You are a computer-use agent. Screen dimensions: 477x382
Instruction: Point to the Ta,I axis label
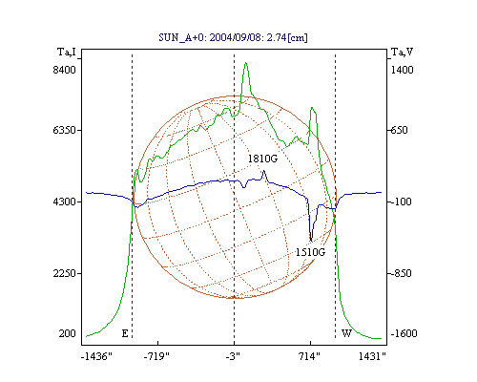pos(67,52)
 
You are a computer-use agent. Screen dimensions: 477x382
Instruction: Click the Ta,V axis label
pos(402,52)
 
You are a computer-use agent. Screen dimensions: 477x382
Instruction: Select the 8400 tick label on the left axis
pos(64,70)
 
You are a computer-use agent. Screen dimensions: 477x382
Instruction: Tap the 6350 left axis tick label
pos(64,130)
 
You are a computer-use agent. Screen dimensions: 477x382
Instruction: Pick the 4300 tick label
pos(64,202)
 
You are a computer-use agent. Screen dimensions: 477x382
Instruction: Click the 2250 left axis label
pos(64,273)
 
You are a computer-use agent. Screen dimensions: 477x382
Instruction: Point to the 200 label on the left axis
pos(67,333)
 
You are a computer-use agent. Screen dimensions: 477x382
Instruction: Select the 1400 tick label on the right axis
pos(402,70)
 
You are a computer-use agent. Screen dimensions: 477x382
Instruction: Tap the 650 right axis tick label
pos(399,130)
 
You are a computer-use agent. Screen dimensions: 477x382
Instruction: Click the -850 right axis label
pos(401,273)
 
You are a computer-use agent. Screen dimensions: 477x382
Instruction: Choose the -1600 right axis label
pos(404,333)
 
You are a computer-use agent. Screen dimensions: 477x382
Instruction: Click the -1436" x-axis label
pos(96,356)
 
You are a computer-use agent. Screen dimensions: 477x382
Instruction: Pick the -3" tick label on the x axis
pos(233,356)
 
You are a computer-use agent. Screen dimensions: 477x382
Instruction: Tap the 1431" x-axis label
pos(372,356)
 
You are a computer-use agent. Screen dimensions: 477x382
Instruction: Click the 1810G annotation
pos(262,159)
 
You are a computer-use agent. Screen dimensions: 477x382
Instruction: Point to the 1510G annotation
pos(310,252)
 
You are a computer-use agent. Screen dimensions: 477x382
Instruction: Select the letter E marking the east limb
pos(125,333)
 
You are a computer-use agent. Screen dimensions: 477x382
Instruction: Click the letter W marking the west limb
pos(346,333)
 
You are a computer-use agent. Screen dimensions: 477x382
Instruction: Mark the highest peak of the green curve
pos(245,63)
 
